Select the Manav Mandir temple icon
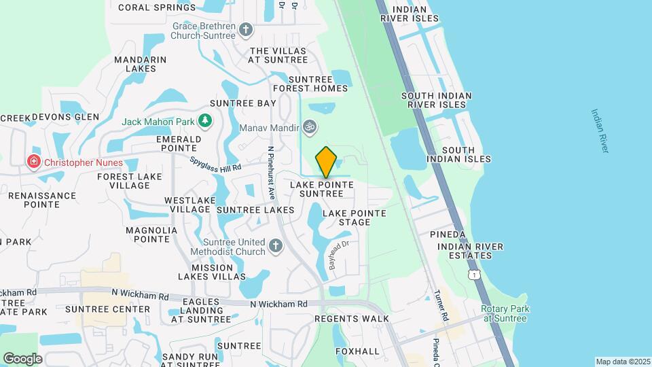pos(310,127)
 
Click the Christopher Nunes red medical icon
pos(33,162)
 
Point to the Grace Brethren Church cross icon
pos(245,30)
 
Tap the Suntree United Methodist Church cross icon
pos(276,247)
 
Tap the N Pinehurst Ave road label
pos(270,173)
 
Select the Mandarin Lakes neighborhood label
pos(141,64)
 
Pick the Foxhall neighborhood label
pos(357,351)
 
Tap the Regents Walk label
pos(352,319)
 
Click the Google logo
pos(22,358)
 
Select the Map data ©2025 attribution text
pos(622,362)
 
